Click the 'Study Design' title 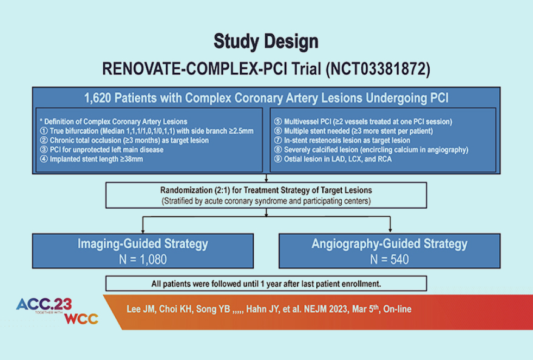(266, 41)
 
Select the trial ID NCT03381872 (378, 69)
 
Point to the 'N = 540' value (389, 259)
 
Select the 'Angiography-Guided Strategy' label (389, 244)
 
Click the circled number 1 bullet (41, 131)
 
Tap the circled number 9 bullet (278, 159)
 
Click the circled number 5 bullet (278, 121)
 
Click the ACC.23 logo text (44, 304)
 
